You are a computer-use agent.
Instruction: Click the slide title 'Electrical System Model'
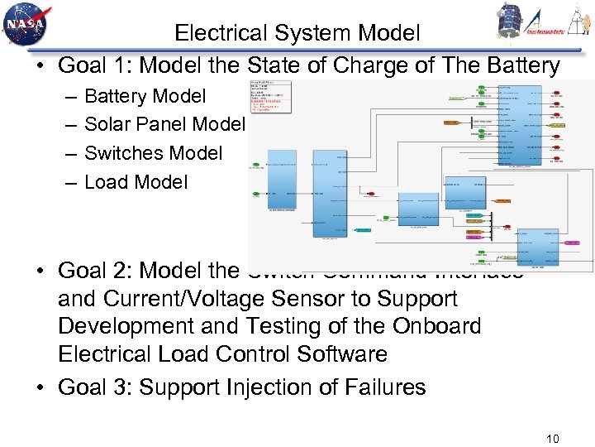(x=297, y=33)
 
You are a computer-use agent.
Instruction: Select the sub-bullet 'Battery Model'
(x=145, y=96)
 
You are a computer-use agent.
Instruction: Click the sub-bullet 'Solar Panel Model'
(x=164, y=124)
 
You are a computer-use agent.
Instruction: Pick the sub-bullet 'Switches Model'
(x=153, y=153)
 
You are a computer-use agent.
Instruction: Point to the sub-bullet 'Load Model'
(x=136, y=181)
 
